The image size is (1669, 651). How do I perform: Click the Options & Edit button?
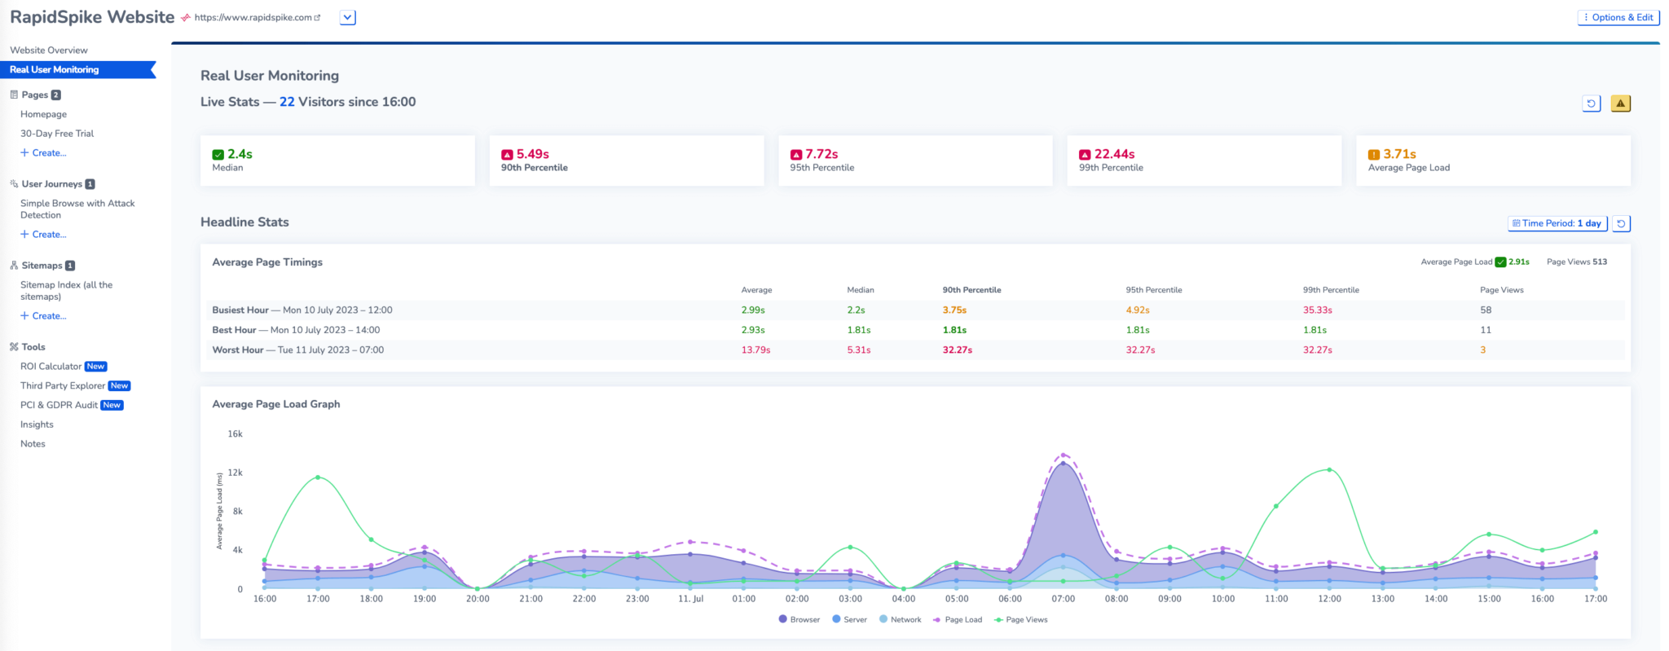pos(1618,17)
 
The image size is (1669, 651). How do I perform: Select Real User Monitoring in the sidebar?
pos(55,70)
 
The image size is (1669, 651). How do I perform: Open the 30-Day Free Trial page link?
pos(57,134)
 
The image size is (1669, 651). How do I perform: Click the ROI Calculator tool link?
pos(51,367)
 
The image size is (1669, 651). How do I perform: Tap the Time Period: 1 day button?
pos(1557,223)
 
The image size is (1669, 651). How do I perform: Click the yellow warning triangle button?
pos(1620,103)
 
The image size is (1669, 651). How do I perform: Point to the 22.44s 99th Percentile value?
pos(1114,154)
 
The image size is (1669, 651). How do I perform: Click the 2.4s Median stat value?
pos(240,154)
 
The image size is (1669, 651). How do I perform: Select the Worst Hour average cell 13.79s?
pos(755,350)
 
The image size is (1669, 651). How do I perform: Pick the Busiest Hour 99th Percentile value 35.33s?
pos(1317,310)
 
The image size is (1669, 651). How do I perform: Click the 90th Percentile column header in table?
pos(971,290)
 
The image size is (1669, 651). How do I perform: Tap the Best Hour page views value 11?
pos(1485,330)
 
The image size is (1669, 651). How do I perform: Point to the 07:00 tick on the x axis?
pos(1063,599)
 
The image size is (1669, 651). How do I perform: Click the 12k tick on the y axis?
pos(235,473)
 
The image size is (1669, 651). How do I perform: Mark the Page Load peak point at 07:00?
pos(1063,455)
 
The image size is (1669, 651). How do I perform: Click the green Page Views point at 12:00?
pos(1329,470)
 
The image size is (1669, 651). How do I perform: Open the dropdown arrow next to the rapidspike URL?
pos(348,17)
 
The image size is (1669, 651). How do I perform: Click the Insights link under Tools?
pos(37,424)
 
